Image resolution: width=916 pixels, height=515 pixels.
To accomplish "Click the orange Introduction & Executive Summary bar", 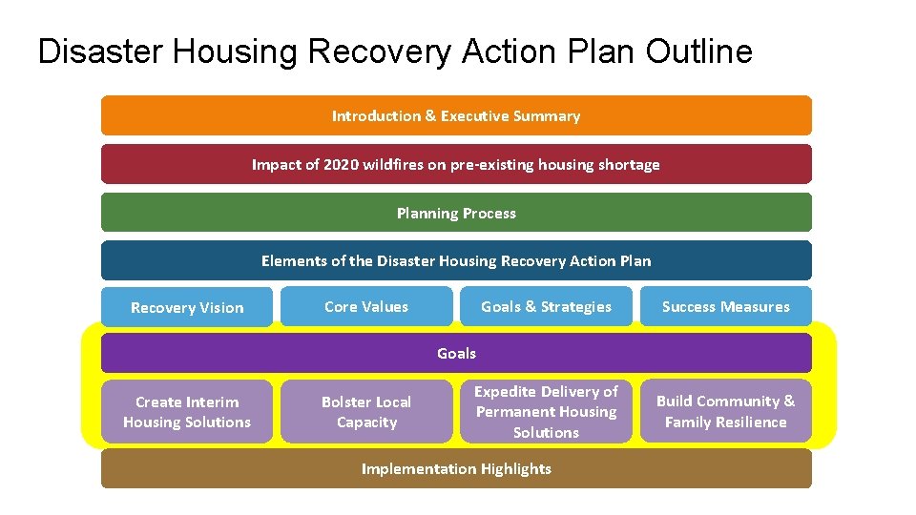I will click(x=456, y=115).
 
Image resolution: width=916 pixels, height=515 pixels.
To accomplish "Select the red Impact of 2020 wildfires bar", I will click(x=456, y=164).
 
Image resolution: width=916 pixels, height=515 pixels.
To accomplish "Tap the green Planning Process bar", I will click(x=456, y=213).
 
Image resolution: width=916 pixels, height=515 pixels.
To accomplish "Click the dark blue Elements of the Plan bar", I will click(x=456, y=260).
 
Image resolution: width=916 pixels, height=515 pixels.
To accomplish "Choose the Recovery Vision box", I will click(x=187, y=307).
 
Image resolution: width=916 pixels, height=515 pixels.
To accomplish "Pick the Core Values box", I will click(x=366, y=306).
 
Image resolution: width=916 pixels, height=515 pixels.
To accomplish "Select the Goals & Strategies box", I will click(x=546, y=306).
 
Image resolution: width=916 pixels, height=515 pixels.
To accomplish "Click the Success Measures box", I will click(x=725, y=306).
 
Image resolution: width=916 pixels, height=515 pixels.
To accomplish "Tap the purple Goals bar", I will click(x=456, y=353).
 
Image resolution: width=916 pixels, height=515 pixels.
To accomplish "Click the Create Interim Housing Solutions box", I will click(x=187, y=412).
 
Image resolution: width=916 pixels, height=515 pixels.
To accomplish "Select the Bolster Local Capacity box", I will click(x=366, y=412).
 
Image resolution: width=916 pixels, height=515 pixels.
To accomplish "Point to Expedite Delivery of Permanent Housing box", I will click(x=546, y=412).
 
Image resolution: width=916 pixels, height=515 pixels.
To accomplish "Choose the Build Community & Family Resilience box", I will click(x=725, y=412).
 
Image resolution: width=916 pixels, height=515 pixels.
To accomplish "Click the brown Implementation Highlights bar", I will click(x=456, y=468).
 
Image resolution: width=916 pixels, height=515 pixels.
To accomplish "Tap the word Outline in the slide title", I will click(x=698, y=51).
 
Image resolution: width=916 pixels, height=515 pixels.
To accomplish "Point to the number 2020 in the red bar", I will click(x=341, y=164).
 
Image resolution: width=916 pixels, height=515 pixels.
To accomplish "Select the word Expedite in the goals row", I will click(x=506, y=392).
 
